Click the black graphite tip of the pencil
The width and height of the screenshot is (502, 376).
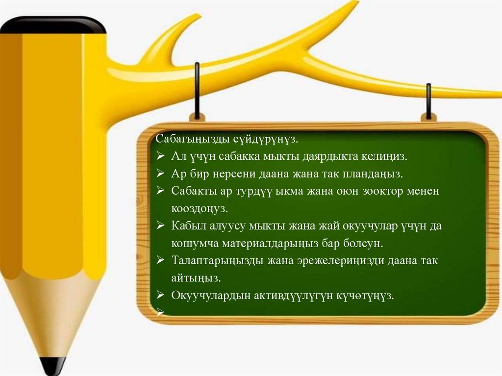click(53, 366)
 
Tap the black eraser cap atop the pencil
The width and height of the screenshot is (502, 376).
click(53, 25)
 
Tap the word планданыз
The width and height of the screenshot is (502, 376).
click(373, 174)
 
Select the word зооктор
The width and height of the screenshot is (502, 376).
click(382, 192)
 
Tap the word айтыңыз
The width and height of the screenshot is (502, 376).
click(196, 278)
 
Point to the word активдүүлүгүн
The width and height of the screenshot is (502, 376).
click(294, 296)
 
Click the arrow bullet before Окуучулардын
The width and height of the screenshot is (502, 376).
click(160, 295)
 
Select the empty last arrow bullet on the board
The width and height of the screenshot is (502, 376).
click(160, 312)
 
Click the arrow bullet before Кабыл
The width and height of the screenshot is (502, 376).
click(160, 226)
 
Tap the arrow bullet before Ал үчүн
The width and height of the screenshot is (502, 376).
click(160, 156)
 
